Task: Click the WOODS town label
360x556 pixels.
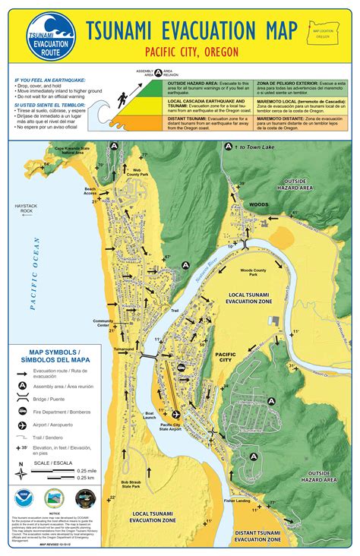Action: click(259, 204)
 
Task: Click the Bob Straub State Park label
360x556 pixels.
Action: click(119, 485)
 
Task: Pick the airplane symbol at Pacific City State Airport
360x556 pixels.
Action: click(176, 414)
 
